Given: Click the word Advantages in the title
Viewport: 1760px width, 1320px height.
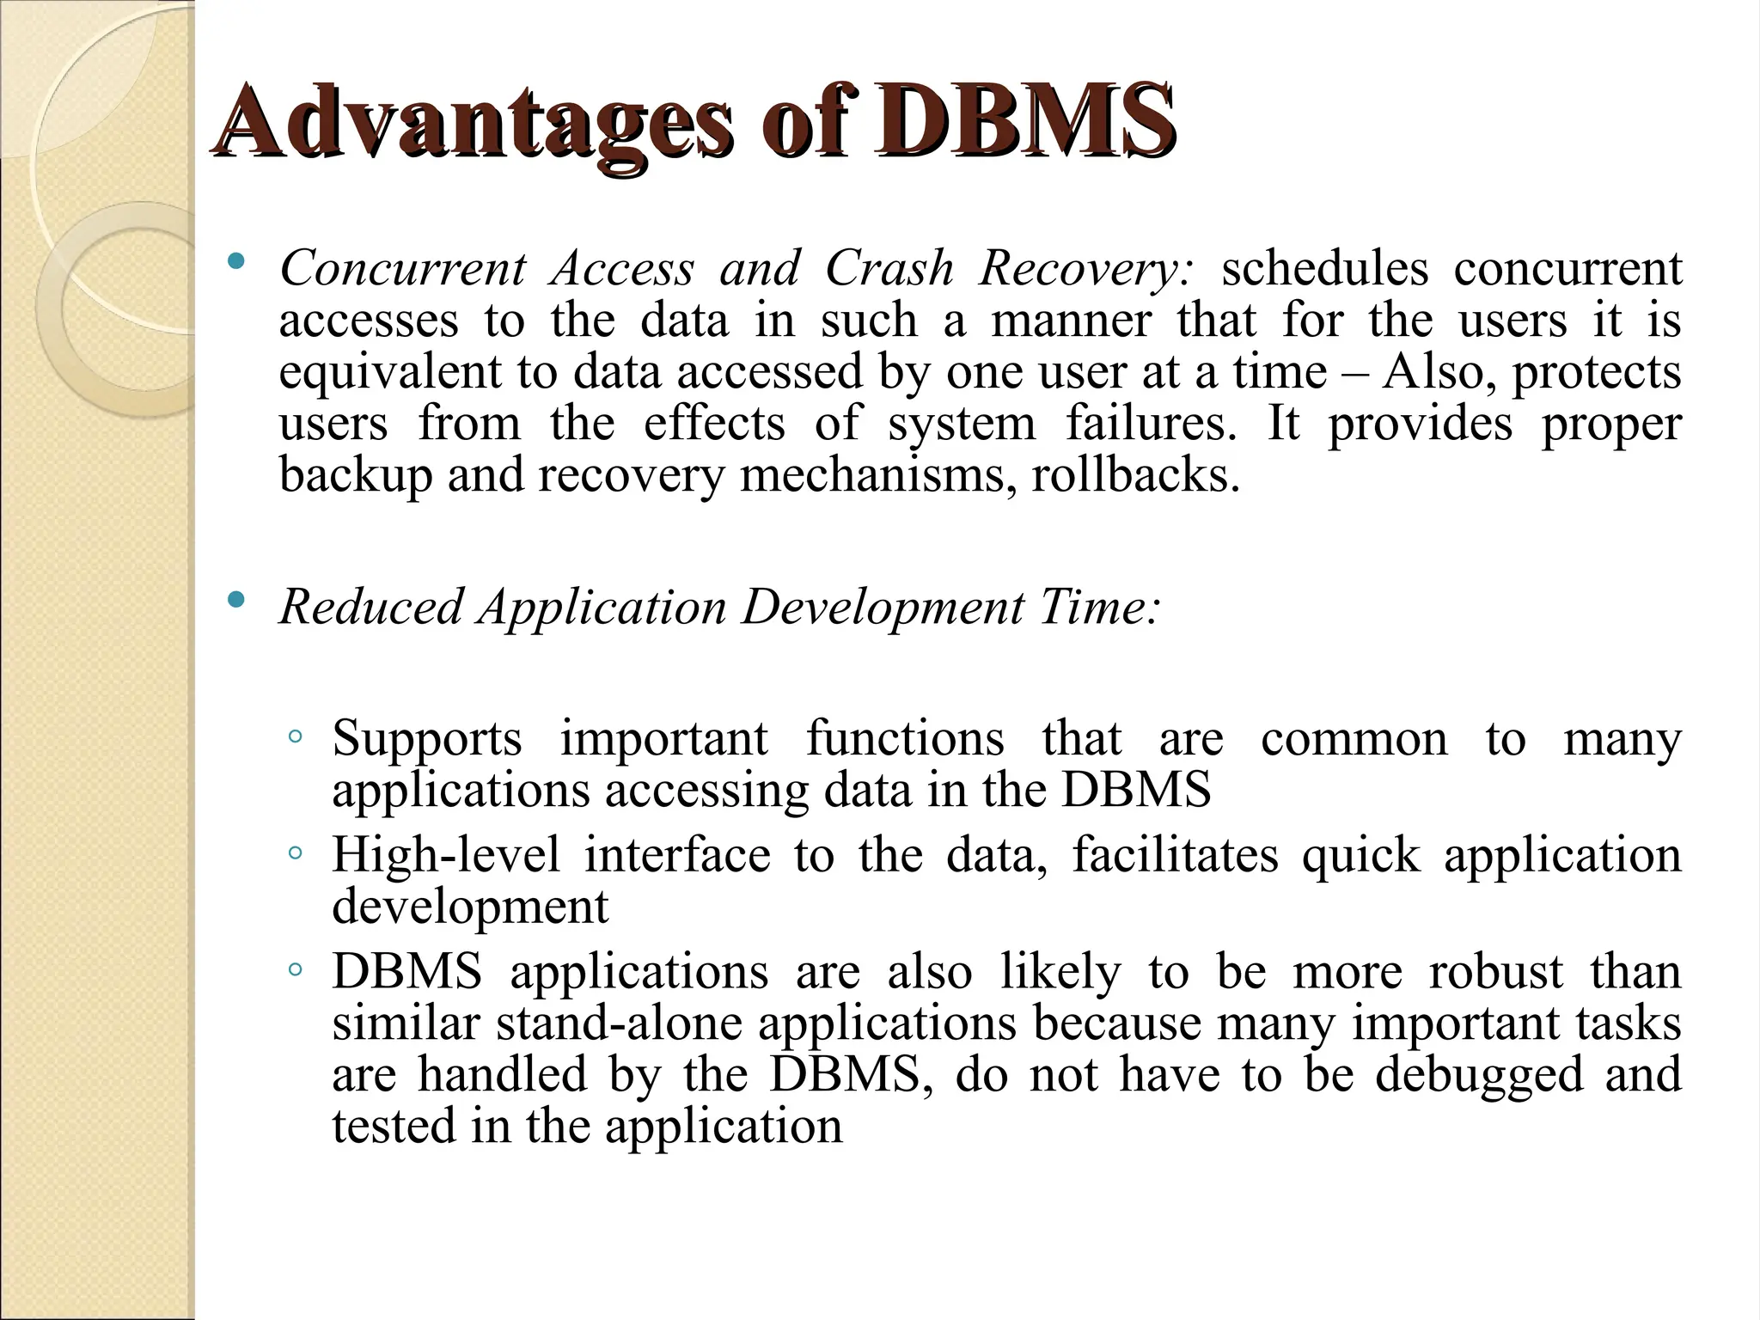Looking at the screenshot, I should [474, 123].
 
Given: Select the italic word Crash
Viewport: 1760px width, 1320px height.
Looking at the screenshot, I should [889, 269].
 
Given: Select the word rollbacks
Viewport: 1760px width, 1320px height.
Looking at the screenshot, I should [1135, 474].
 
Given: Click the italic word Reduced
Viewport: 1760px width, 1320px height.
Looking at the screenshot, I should [371, 607].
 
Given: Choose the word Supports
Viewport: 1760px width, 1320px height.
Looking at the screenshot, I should [427, 739].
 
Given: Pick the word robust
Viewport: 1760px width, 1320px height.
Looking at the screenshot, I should [1495, 972].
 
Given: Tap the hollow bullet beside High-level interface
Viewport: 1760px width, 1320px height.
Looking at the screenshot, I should [295, 853].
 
